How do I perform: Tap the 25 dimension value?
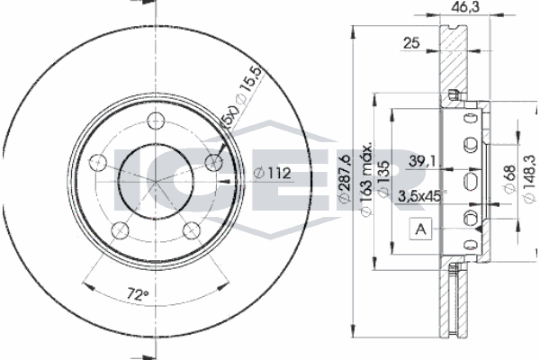pyautogui.click(x=411, y=42)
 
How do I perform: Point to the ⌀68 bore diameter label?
pyautogui.click(x=510, y=179)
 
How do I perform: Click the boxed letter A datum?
pyautogui.click(x=421, y=230)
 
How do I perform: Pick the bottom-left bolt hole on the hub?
pyautogui.click(x=120, y=229)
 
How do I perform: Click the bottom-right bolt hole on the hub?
pyautogui.click(x=191, y=229)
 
